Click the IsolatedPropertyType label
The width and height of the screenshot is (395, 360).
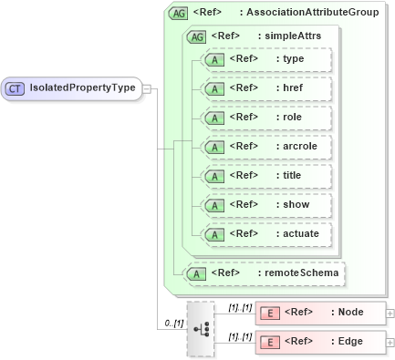click(83, 88)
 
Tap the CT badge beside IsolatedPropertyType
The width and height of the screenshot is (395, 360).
click(16, 88)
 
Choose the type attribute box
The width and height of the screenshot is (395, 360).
click(266, 59)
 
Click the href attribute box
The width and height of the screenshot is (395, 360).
click(266, 88)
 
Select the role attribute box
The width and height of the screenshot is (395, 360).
click(266, 118)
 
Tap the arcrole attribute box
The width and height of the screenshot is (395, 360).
click(266, 147)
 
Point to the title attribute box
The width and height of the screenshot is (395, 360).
click(266, 176)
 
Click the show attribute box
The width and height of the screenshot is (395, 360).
click(266, 205)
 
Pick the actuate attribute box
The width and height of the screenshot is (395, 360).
click(266, 234)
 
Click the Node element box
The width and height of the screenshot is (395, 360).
click(319, 313)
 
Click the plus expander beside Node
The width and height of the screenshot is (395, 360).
click(390, 313)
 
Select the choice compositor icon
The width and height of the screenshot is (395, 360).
click(201, 328)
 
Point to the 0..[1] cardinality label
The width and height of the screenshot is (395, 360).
click(171, 323)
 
